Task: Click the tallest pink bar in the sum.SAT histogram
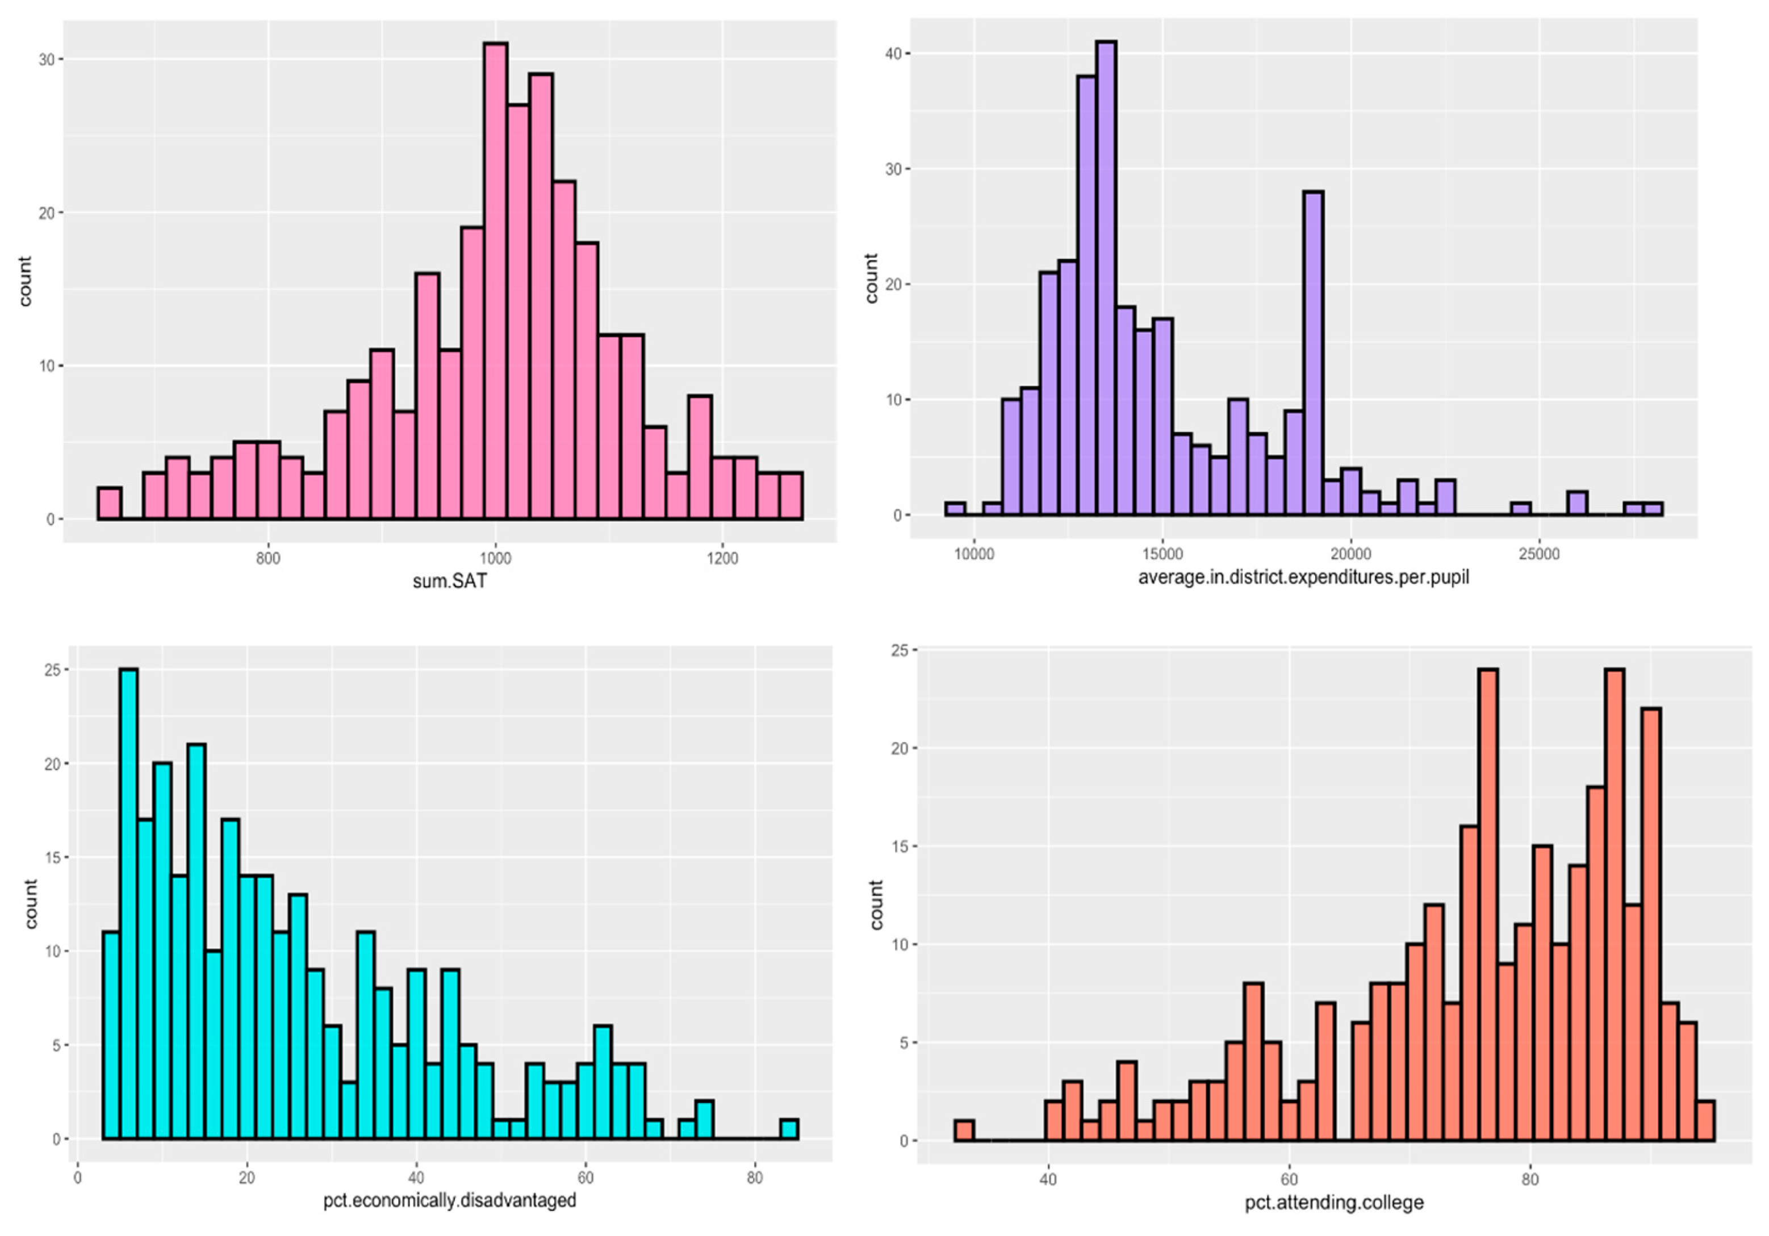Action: point(495,281)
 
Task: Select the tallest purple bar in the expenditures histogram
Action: point(1106,277)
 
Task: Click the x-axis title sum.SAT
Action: point(450,581)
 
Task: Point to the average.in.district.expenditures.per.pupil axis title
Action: point(1303,577)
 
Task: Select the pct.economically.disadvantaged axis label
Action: point(449,1200)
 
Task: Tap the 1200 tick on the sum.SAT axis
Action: point(721,558)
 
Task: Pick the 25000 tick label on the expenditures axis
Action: point(1538,555)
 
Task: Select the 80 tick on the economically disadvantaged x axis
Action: point(754,1178)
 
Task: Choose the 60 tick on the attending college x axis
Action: point(1288,1179)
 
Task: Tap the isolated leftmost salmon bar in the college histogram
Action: point(964,1130)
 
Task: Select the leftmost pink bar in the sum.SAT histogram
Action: point(110,504)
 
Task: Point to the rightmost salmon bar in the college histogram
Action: point(1705,1121)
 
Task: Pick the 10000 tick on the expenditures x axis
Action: point(974,555)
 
